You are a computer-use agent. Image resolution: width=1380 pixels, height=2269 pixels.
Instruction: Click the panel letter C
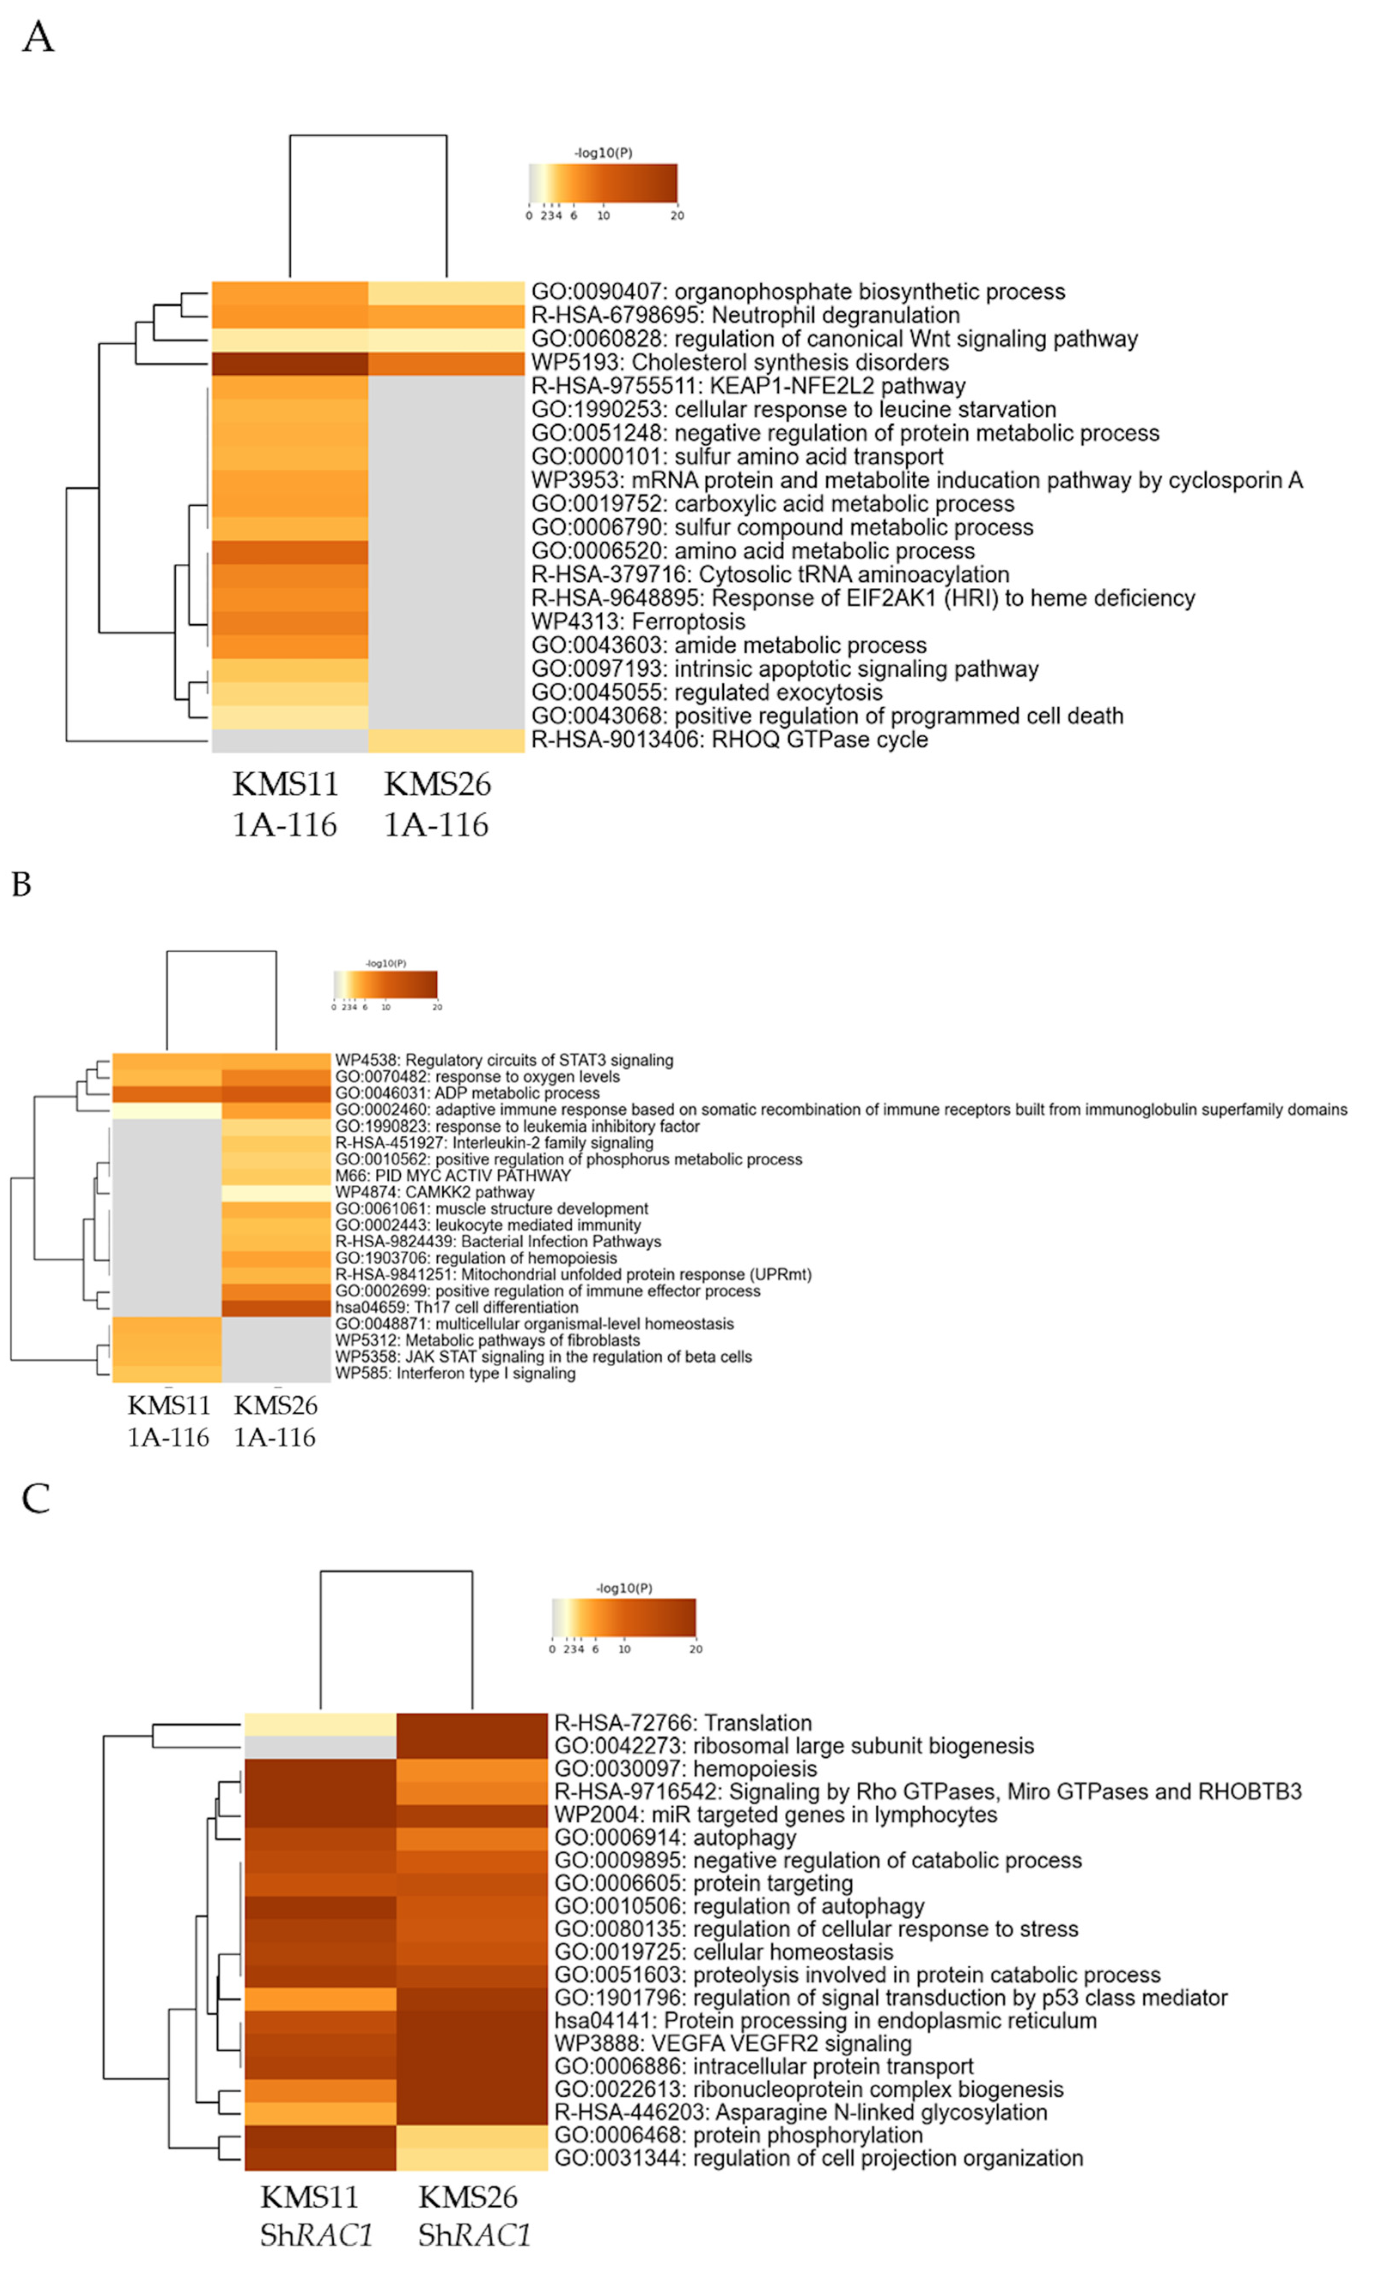(36, 1499)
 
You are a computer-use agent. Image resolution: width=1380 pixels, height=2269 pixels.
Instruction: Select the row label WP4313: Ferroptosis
(638, 622)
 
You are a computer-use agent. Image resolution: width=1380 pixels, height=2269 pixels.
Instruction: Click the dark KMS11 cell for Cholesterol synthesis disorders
(290, 363)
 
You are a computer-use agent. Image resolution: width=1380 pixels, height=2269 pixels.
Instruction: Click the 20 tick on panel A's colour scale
(678, 216)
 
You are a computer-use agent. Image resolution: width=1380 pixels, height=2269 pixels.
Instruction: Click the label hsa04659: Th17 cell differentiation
(457, 1307)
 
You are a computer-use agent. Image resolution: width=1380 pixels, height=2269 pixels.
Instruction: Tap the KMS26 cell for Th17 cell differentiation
(276, 1307)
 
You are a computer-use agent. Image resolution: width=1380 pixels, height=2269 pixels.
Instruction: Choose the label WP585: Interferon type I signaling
(455, 1374)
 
